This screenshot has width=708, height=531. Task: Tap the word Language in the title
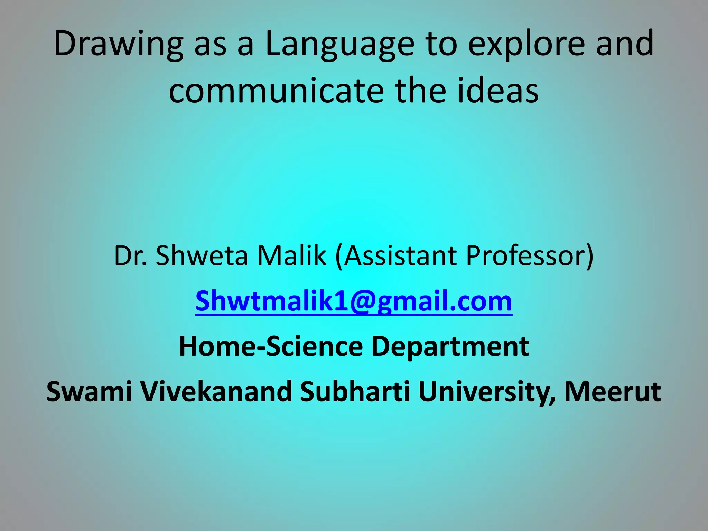coord(339,44)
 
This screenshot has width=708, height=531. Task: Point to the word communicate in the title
coord(277,91)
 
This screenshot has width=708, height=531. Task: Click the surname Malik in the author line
coord(292,256)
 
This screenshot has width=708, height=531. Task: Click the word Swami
coord(89,391)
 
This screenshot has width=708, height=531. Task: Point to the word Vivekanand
coord(216,391)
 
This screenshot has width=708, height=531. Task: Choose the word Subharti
coord(355,391)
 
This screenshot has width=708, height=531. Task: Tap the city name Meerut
coord(613,391)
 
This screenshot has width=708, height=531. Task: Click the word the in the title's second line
coord(420,91)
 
